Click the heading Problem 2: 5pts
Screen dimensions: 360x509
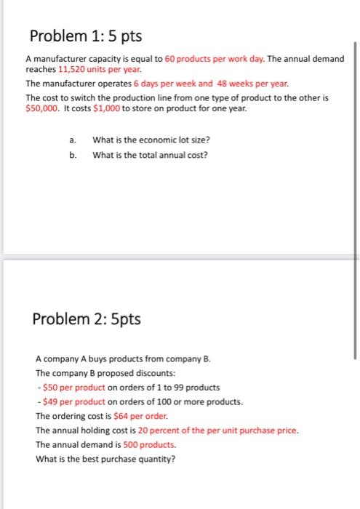(87, 319)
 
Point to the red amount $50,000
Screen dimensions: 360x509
(42, 108)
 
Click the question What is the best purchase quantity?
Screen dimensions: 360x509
(105, 458)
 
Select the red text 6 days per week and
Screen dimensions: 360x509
(168, 84)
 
